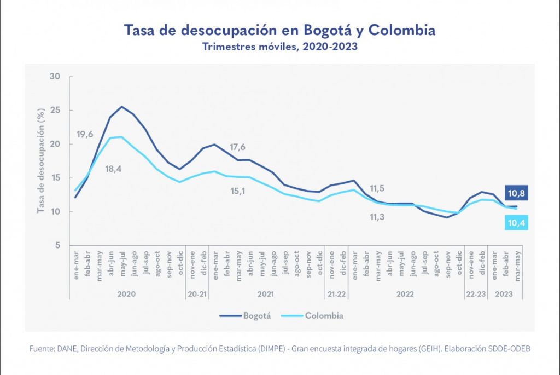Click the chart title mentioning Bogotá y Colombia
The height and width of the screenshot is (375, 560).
tap(280, 30)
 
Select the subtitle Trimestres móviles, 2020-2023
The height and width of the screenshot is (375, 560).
tap(280, 47)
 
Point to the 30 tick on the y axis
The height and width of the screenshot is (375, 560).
tap(55, 76)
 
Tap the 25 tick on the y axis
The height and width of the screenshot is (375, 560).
tap(55, 110)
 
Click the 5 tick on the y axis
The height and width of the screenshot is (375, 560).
tap(57, 246)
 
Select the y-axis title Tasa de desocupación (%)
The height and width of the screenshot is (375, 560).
tap(40, 161)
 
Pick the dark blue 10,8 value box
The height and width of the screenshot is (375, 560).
tap(515, 194)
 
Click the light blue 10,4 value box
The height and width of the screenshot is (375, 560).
tap(515, 222)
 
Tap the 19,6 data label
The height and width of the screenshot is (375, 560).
tap(85, 135)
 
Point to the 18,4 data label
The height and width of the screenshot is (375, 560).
tap(113, 169)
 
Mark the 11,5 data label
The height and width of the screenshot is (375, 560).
tap(377, 188)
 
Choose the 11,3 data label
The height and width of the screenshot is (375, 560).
tap(377, 217)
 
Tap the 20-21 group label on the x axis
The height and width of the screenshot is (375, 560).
tap(197, 294)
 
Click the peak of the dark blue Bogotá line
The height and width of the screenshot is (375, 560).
tap(121, 106)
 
